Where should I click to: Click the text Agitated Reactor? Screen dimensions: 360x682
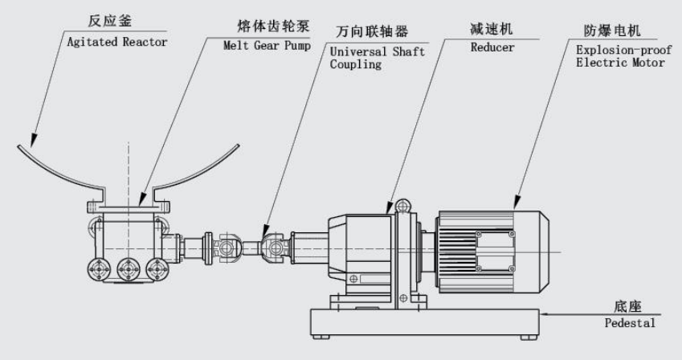pos(119,43)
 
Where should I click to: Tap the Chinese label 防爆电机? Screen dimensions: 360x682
pos(611,32)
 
